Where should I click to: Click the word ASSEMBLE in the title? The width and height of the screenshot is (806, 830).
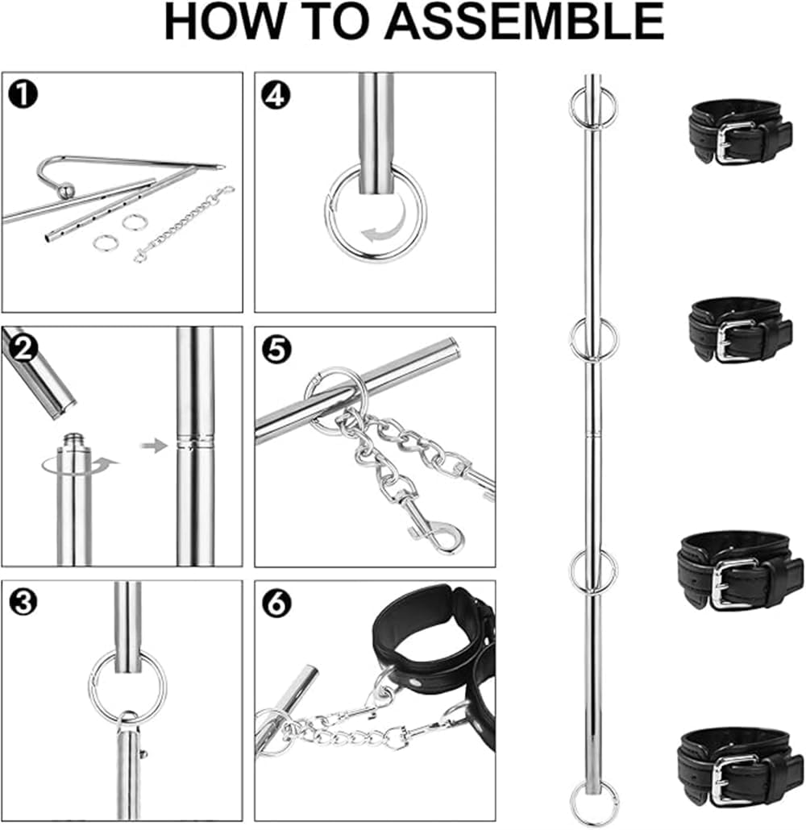[524, 22]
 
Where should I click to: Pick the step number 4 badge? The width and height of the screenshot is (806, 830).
[275, 94]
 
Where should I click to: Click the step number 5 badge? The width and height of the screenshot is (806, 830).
[275, 348]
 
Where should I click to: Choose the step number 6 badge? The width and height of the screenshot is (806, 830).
[275, 602]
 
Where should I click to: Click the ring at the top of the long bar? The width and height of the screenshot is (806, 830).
[593, 107]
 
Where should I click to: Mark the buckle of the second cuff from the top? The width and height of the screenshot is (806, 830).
[736, 341]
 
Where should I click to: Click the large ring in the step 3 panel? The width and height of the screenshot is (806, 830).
[127, 686]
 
